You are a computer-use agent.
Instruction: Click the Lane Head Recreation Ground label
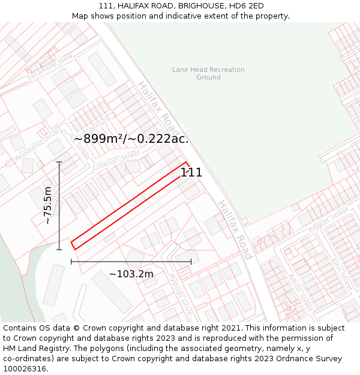coord(208,73)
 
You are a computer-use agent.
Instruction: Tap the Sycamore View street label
coord(49,67)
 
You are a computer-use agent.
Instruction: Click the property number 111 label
coord(191,173)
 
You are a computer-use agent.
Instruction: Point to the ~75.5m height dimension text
coord(48,205)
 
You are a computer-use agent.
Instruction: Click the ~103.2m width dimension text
coord(131,274)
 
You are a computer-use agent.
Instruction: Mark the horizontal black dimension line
coord(131,261)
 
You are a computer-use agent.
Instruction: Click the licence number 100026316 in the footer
coord(26,368)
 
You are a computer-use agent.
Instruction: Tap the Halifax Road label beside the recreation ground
coord(160,109)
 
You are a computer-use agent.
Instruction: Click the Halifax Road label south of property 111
coord(235,230)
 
